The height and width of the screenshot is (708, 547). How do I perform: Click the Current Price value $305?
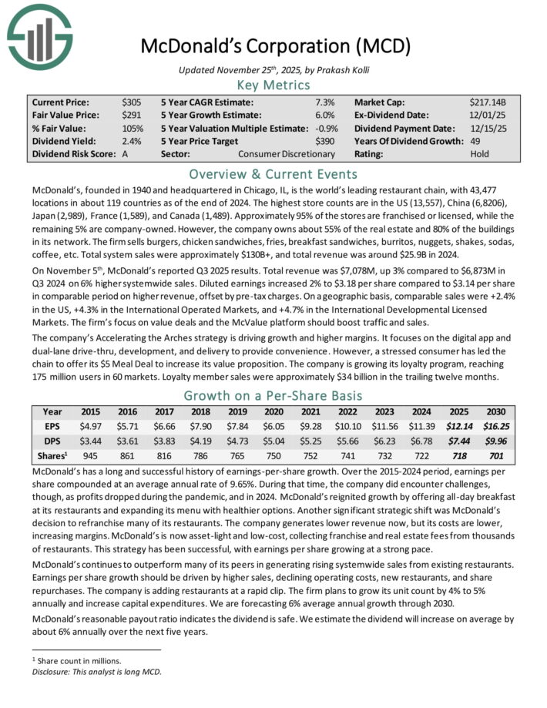click(x=132, y=102)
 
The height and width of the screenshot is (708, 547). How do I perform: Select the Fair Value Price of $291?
click(x=132, y=115)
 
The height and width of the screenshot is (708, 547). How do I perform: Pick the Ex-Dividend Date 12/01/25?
click(x=487, y=115)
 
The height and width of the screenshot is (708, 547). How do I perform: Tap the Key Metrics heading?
click(x=273, y=85)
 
